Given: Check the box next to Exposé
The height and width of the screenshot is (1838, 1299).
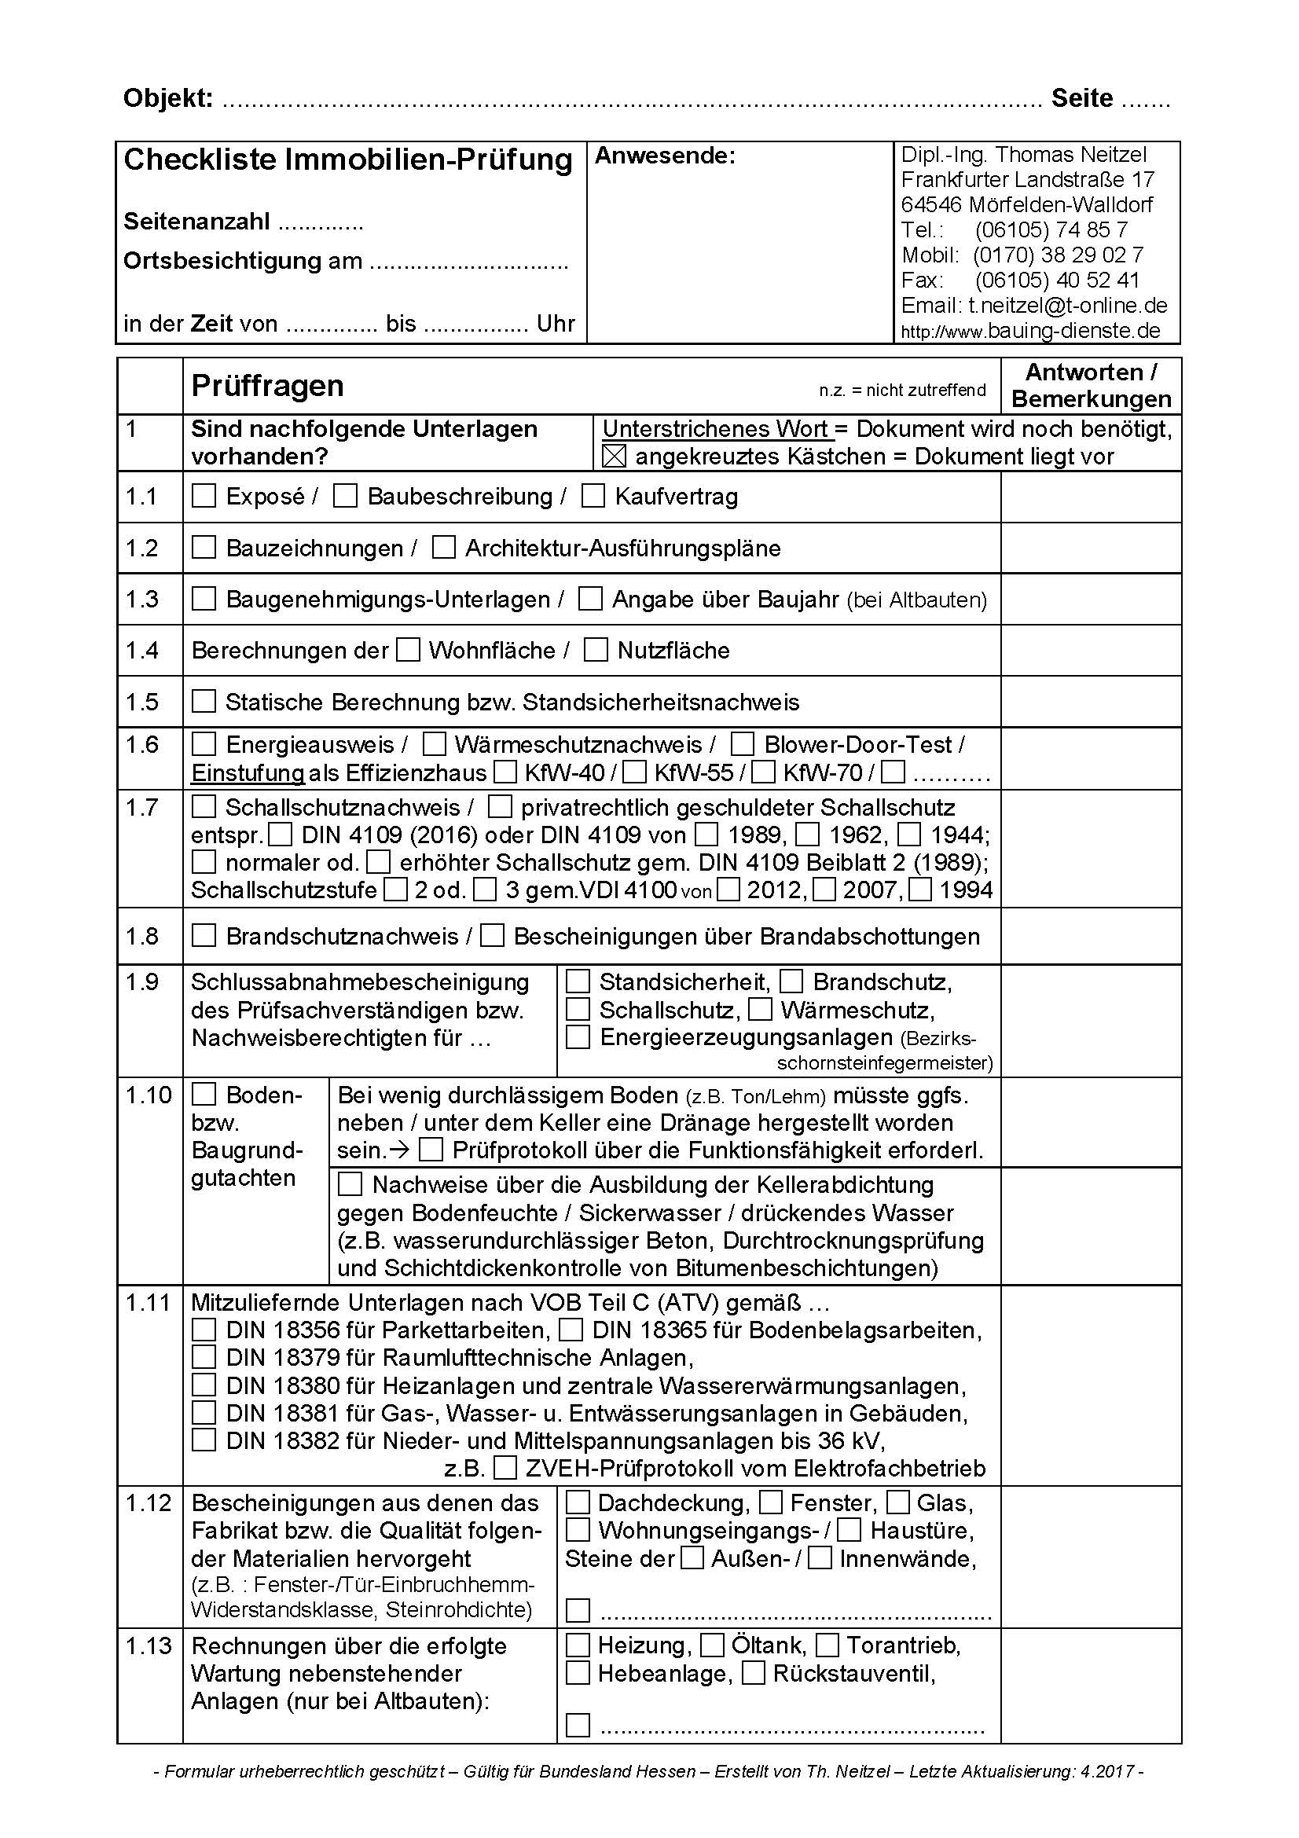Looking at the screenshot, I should (204, 497).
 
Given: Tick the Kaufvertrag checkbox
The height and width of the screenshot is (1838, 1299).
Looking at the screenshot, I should (593, 497).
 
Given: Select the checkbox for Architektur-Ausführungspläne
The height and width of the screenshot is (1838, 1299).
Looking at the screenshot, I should (443, 548).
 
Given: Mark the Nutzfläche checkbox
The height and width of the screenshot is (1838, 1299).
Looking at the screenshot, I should (596, 650).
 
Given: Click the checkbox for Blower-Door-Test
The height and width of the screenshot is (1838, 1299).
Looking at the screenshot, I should (743, 744).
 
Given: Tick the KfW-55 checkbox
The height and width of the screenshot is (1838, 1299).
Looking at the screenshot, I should (635, 772).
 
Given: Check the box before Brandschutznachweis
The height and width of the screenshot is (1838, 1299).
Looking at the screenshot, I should (204, 936).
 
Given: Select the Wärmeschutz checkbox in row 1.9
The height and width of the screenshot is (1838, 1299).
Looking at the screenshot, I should (761, 1011).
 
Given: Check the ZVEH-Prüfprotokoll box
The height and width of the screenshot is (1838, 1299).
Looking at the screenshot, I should (505, 1468).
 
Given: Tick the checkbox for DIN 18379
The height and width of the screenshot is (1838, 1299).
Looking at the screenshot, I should (204, 1358).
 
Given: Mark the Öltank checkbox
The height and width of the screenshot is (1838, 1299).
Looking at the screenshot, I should (712, 1646).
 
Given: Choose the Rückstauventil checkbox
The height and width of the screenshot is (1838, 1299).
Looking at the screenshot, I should (754, 1673).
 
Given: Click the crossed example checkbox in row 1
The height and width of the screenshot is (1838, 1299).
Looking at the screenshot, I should (614, 457).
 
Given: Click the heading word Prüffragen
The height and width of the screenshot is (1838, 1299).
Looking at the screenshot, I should (267, 386).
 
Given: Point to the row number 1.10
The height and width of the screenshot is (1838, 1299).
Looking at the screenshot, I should (148, 1095).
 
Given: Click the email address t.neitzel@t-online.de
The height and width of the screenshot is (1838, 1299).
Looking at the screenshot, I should (1068, 305).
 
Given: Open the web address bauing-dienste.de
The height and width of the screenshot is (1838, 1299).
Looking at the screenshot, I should (1073, 330).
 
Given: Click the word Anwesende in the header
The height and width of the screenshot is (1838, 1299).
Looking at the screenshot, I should (664, 156).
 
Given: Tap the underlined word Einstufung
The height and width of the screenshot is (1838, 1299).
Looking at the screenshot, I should (248, 772).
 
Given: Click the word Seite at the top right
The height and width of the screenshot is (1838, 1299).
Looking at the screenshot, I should (1082, 98).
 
